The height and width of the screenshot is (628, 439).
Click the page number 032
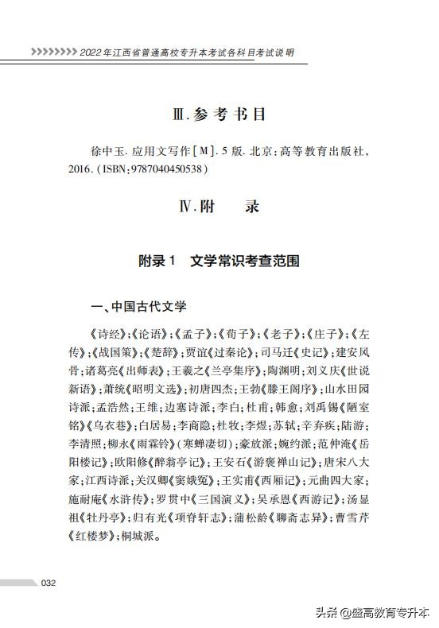pyautogui.click(x=49, y=583)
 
